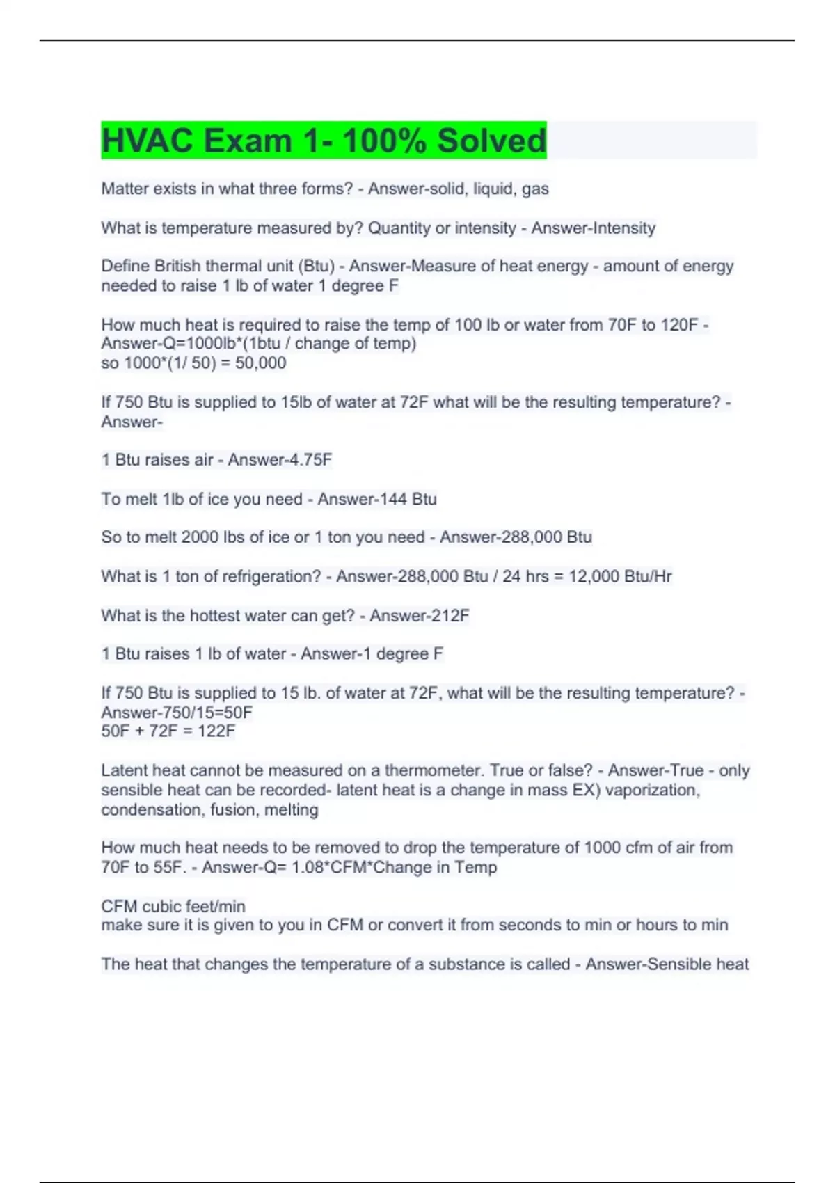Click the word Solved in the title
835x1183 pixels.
click(491, 141)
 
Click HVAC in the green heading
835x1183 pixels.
click(148, 141)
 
